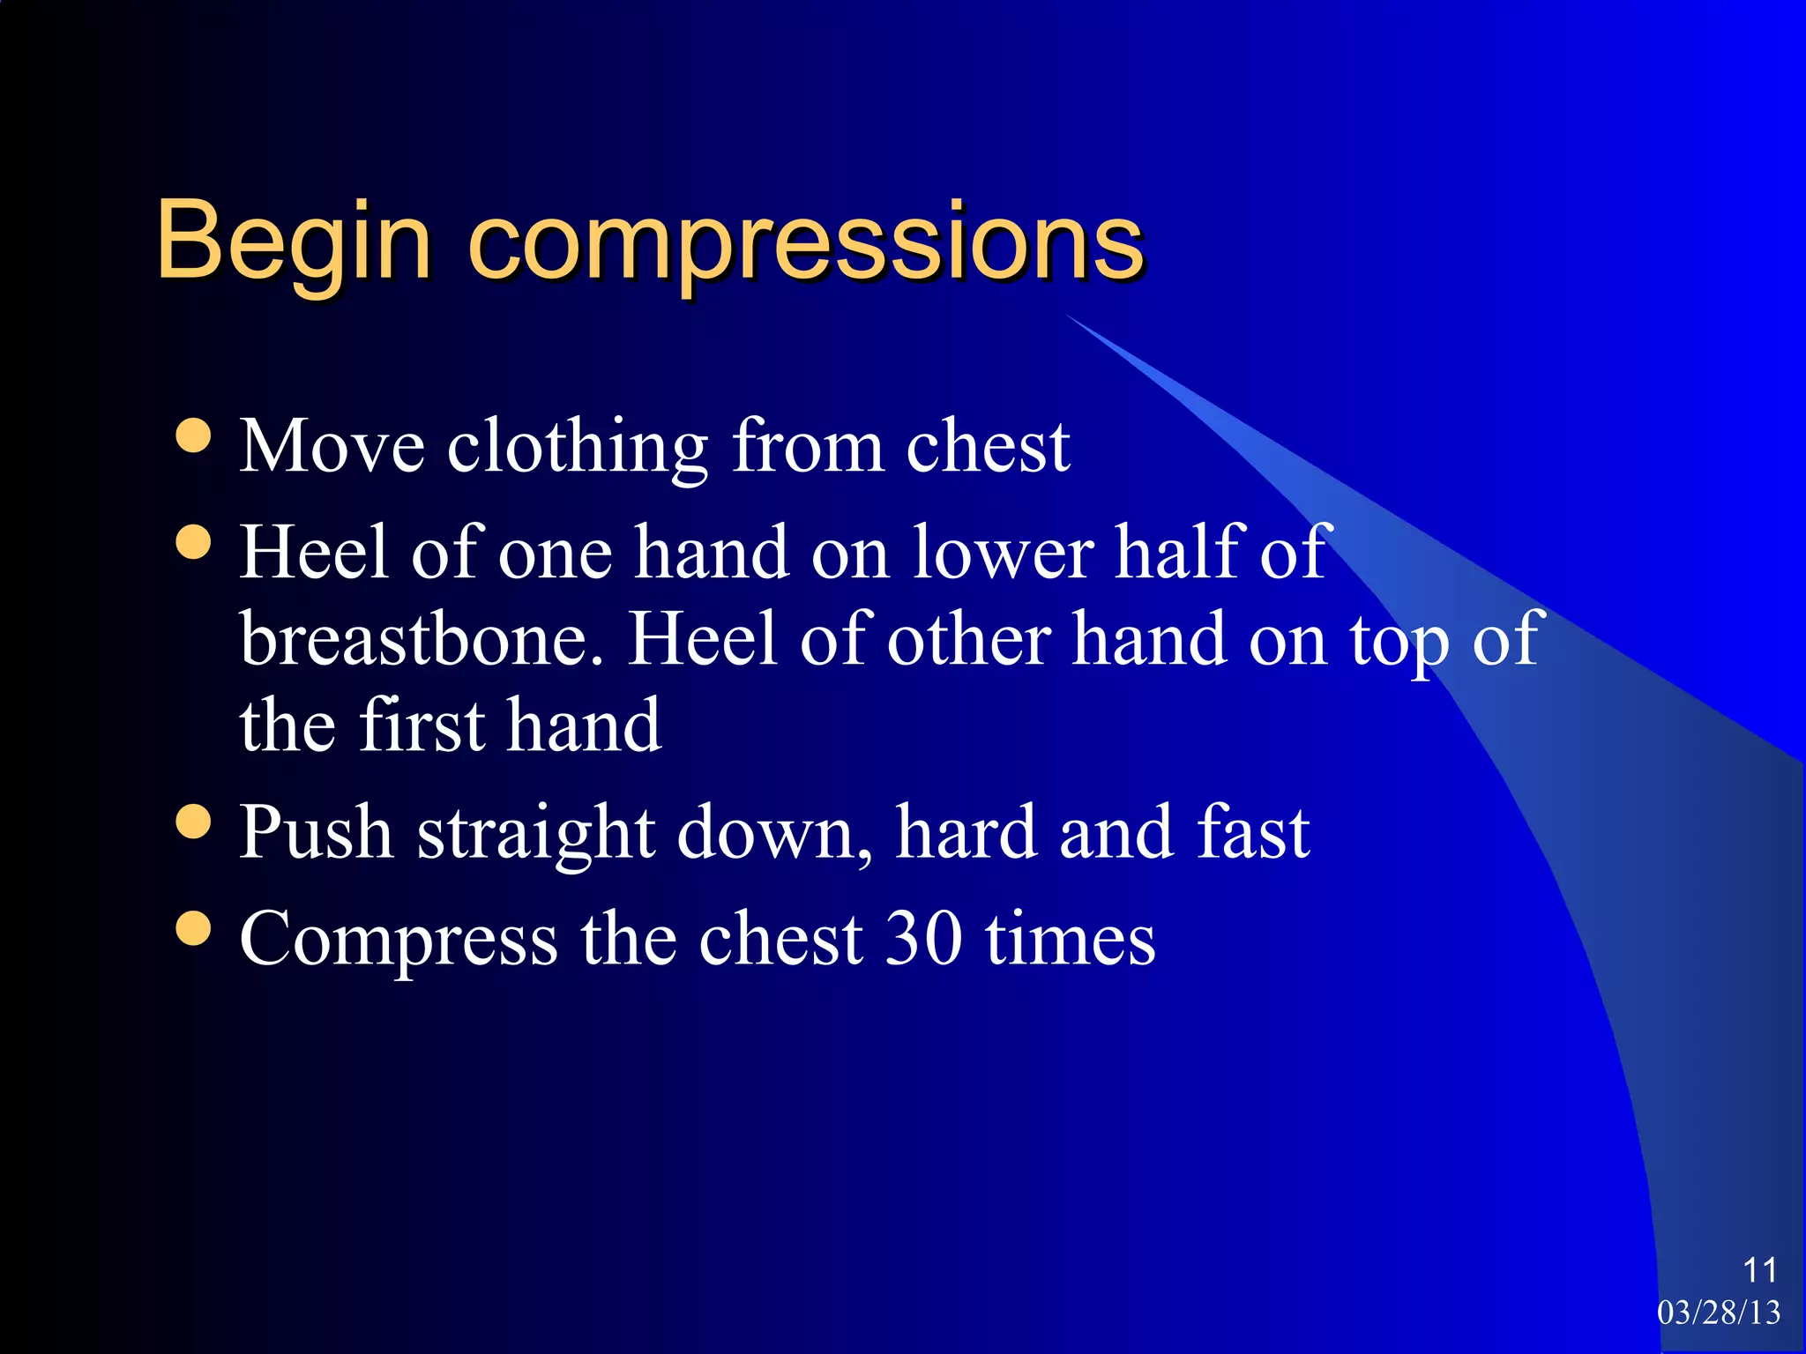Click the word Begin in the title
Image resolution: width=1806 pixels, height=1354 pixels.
(x=294, y=241)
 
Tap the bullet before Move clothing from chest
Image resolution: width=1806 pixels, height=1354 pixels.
(x=193, y=435)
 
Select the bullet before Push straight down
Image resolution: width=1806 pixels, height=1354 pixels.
(x=193, y=822)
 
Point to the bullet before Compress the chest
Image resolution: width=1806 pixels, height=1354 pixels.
(x=193, y=927)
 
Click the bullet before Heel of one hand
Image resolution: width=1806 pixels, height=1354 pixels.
(x=193, y=541)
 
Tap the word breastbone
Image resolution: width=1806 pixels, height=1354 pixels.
(x=422, y=639)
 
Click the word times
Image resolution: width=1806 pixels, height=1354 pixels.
(x=1070, y=939)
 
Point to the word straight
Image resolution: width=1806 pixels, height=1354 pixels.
(x=535, y=835)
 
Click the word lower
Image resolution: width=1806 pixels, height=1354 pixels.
(x=1003, y=553)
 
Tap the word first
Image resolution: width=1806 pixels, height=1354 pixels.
(x=422, y=725)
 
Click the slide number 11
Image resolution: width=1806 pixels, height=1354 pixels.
(x=1759, y=1270)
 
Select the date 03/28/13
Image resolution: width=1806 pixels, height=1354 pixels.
(x=1719, y=1313)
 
